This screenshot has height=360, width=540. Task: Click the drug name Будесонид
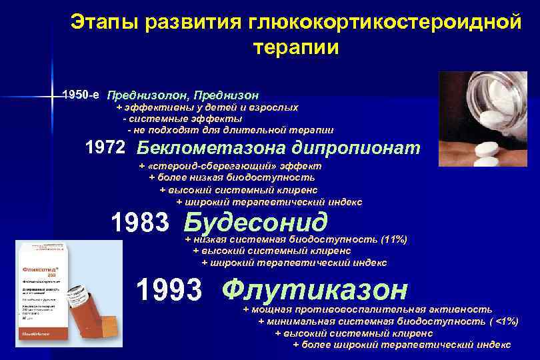pyautogui.click(x=256, y=221)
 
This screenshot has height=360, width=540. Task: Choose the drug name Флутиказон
pyautogui.click(x=315, y=289)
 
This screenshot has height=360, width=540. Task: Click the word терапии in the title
pyautogui.click(x=296, y=48)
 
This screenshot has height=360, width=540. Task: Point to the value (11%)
pyautogui.click(x=393, y=239)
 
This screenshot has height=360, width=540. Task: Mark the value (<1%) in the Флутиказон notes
pyautogui.click(x=502, y=321)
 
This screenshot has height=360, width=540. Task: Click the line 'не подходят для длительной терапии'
pyautogui.click(x=233, y=129)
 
